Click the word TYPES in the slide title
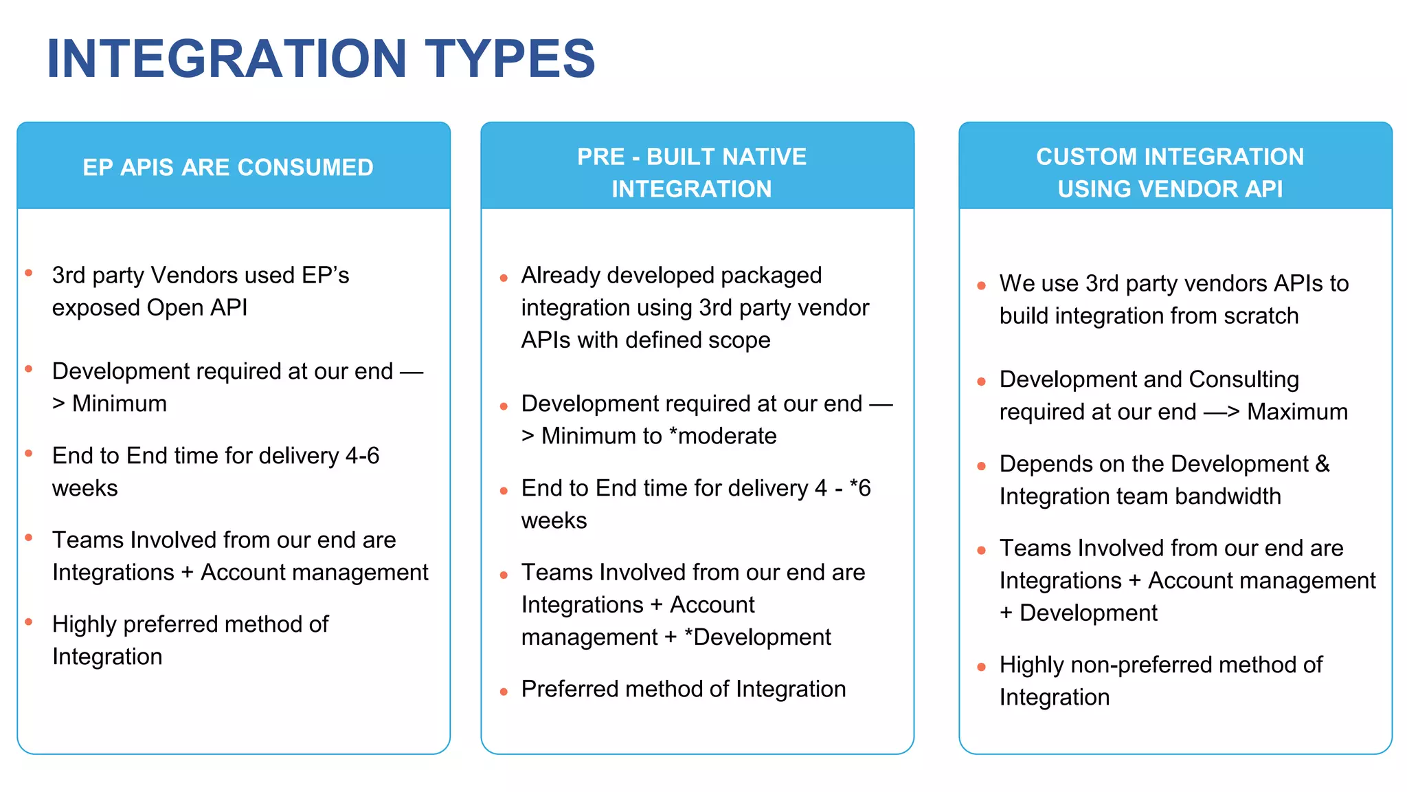coord(510,59)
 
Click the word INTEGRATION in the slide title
coord(227,59)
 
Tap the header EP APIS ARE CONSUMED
coord(228,168)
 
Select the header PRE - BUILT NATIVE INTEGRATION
coord(692,173)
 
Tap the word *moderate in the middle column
coord(723,436)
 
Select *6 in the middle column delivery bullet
coord(860,488)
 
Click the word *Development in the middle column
coord(758,637)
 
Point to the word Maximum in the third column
coord(1297,412)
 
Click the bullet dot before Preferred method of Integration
coord(504,692)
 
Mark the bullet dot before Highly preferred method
coord(29,621)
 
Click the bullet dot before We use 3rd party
coord(981,285)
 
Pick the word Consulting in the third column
coord(1243,379)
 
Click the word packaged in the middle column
coord(771,276)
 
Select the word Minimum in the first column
coord(120,404)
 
